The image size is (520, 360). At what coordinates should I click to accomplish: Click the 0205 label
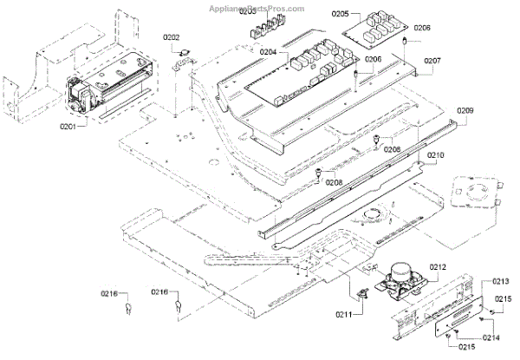340,14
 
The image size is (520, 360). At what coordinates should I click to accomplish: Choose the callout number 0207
431,61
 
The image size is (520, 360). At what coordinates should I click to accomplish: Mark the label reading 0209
465,111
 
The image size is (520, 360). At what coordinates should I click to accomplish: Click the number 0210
435,154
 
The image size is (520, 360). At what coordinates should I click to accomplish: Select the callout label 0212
437,269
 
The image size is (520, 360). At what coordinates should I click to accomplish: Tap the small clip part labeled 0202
184,59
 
